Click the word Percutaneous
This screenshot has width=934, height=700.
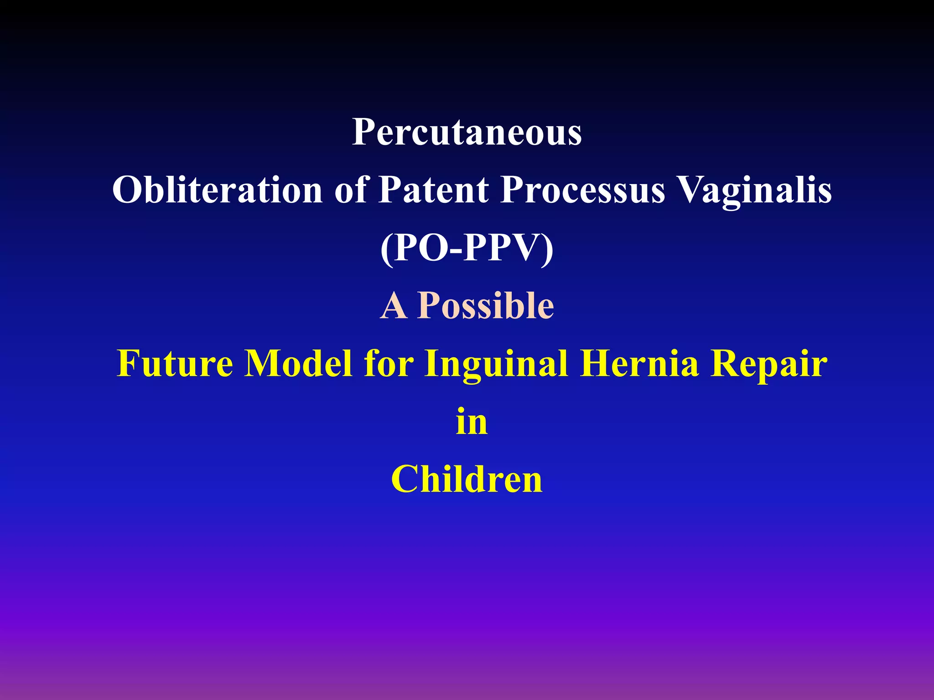(x=467, y=132)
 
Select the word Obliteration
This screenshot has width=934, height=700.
(x=218, y=190)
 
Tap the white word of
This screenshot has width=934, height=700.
(x=351, y=190)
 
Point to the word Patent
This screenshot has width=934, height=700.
(x=434, y=190)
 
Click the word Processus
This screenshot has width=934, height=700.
(x=583, y=190)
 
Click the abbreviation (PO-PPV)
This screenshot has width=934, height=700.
(x=467, y=248)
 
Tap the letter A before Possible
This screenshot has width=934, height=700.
(x=393, y=306)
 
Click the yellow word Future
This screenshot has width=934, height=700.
(x=175, y=363)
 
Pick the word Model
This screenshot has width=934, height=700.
(x=298, y=363)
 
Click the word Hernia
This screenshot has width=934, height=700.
(x=639, y=363)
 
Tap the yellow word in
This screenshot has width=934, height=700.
(x=472, y=421)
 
